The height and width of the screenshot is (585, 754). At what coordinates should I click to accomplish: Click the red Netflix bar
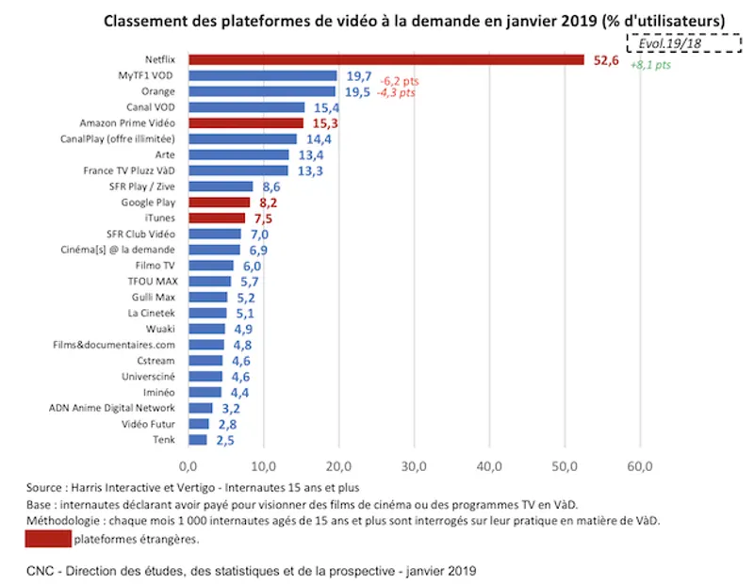point(386,59)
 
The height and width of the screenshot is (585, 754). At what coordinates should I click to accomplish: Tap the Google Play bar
point(219,203)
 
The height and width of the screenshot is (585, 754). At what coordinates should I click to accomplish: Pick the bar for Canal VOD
point(246,107)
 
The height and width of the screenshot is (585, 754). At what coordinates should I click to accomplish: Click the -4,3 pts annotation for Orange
point(395,92)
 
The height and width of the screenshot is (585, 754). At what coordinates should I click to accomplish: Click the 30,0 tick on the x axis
point(414,465)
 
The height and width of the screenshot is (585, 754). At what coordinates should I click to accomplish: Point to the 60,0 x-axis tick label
point(640,465)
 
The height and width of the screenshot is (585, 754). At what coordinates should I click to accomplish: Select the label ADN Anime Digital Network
point(113,408)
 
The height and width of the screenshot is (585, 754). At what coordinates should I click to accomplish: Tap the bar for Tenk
point(197,440)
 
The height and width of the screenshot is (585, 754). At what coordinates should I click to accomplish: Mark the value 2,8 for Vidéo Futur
point(225,425)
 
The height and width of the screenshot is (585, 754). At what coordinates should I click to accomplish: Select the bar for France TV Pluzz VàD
point(238,171)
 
